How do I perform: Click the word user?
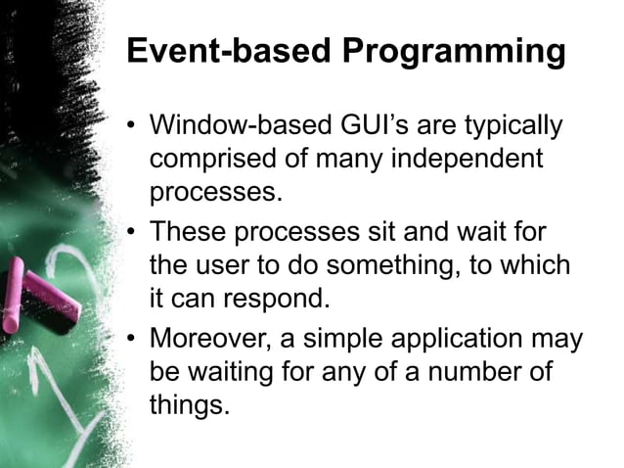point(219,265)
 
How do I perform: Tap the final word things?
point(189,403)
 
